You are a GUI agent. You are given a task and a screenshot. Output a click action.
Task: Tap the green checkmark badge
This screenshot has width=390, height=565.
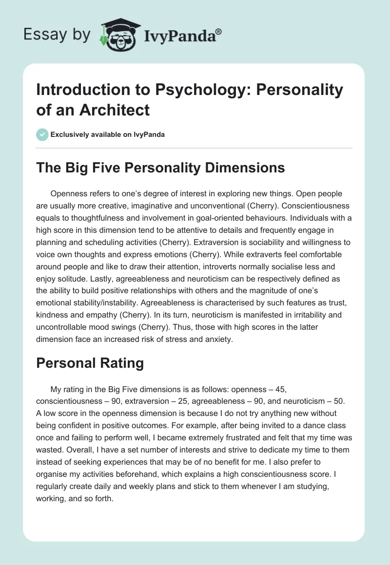click(42, 134)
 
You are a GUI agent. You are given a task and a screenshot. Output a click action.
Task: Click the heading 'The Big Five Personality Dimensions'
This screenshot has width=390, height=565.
click(161, 168)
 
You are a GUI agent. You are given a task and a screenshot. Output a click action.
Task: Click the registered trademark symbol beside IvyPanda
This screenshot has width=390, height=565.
click(219, 32)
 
